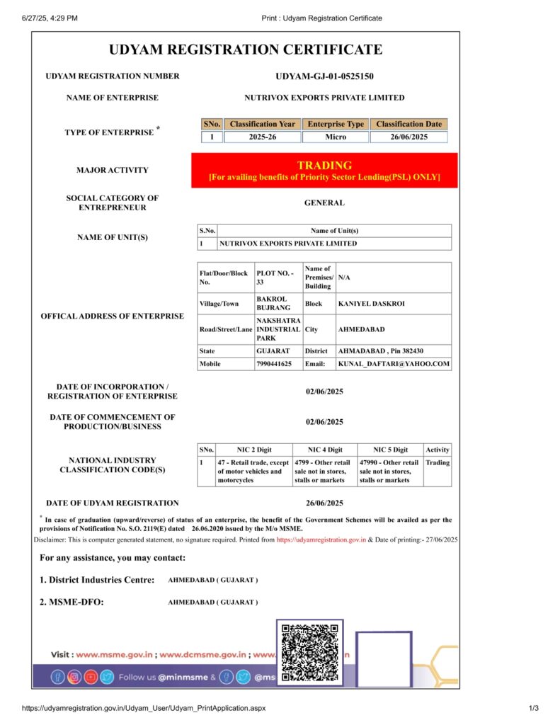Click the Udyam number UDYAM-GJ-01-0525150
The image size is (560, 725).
pos(324,76)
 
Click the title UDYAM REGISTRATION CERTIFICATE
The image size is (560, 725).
pos(246,50)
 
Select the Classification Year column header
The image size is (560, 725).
pos(262,124)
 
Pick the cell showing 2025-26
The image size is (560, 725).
pos(262,137)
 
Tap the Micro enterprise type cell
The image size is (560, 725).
pos(336,137)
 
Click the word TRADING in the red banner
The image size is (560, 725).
pos(324,165)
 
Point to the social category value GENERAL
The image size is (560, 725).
pos(324,202)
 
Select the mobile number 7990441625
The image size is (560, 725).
pos(274,364)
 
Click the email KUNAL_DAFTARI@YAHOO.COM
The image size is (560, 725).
pos(394,364)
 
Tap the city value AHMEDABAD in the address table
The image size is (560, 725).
pos(361,329)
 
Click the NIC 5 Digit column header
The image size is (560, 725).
pos(390,450)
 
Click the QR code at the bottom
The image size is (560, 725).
pos(309,651)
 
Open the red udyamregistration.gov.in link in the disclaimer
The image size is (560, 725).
pos(321,540)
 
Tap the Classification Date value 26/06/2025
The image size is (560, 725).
pos(408,137)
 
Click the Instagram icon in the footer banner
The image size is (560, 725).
pos(74,677)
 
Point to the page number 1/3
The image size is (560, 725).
pos(534,708)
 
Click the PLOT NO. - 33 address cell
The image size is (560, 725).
pos(278,277)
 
